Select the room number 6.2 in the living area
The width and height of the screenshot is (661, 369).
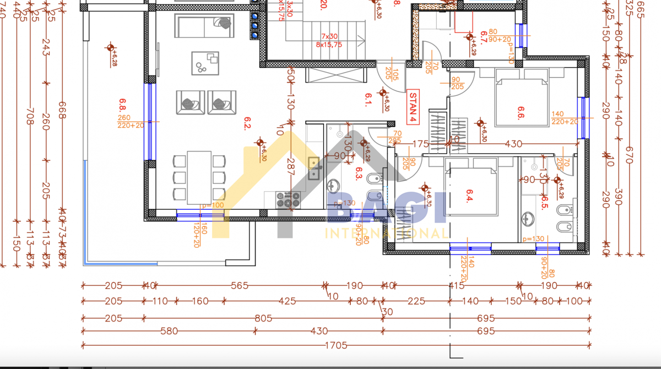pos(248,126)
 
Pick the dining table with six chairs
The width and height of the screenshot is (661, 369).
pos(199,177)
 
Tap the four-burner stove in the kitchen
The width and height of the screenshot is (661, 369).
pos(289,200)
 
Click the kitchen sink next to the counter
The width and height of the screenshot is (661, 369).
pos(315,168)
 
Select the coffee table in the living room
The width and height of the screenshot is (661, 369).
pos(205,63)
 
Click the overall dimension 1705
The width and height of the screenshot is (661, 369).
pos(336,346)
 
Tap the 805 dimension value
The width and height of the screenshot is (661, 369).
pos(263,318)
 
